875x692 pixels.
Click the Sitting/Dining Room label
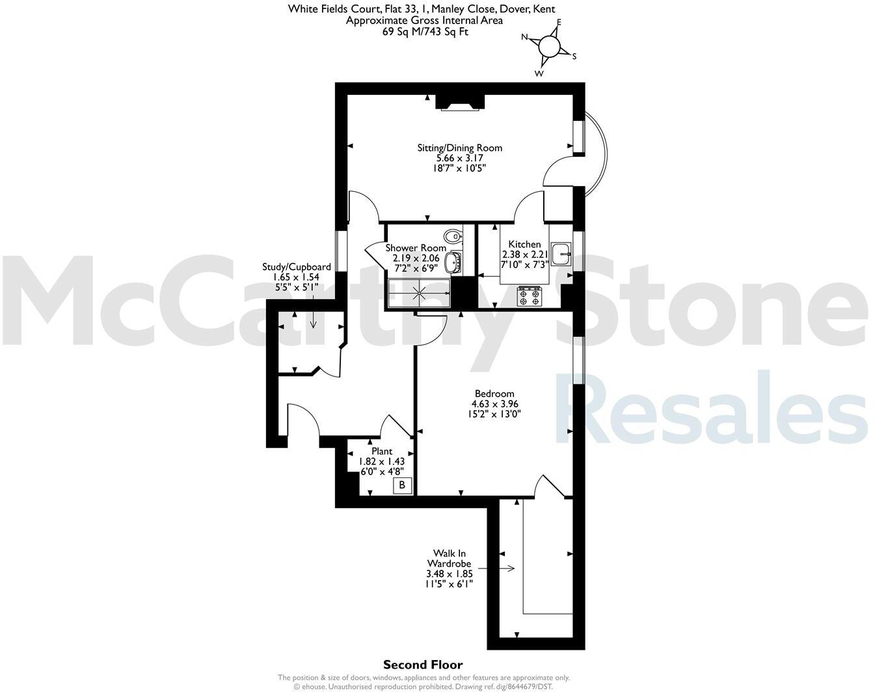tap(459, 148)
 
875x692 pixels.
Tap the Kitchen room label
tap(524, 244)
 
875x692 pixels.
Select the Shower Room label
tap(416, 248)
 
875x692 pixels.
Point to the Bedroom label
tap(494, 393)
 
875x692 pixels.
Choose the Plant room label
tap(382, 451)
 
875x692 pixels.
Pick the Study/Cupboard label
tap(296, 267)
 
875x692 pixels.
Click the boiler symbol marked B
tap(402, 485)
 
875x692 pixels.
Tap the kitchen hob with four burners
tap(529, 297)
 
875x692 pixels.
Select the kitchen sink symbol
tap(560, 254)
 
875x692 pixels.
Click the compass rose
tap(550, 46)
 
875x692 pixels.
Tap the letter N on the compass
tap(524, 37)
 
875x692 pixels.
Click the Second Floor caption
tap(423, 665)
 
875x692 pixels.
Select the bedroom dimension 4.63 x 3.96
tap(494, 404)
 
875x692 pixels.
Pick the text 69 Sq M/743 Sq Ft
tap(425, 31)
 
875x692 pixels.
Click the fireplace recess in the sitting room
tap(460, 103)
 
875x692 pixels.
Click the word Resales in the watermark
tap(716, 410)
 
